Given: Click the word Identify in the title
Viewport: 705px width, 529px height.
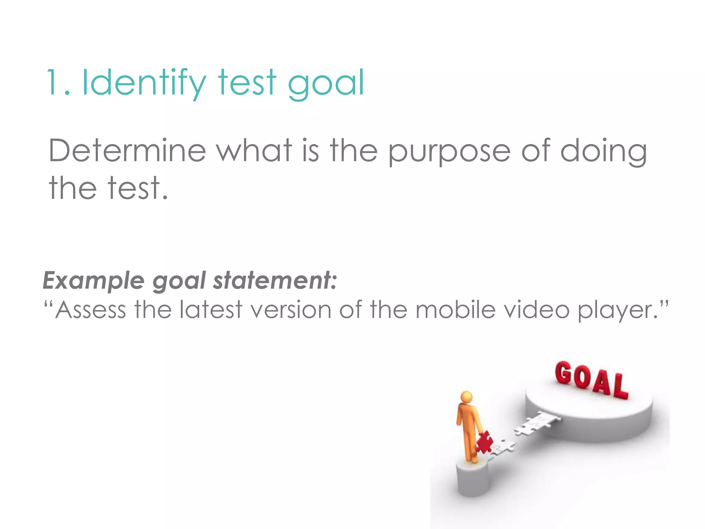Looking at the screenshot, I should tap(144, 83).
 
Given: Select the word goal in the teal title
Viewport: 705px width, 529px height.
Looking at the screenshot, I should tap(325, 84).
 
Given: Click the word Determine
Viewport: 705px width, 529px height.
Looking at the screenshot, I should tap(127, 151).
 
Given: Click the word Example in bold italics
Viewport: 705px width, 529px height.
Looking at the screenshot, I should tap(94, 281).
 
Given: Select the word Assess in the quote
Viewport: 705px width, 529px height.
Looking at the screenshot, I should tap(90, 310).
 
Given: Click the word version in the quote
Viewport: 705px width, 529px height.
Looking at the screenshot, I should tap(290, 310).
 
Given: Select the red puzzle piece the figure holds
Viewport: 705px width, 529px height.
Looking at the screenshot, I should tap(484, 442).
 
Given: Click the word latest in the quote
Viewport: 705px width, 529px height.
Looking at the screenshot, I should tap(211, 310).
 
